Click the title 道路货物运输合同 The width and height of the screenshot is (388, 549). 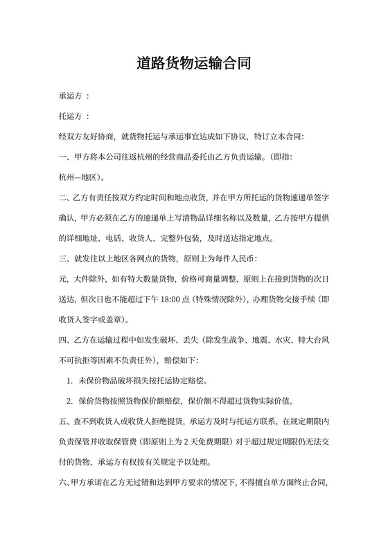point(193,64)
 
